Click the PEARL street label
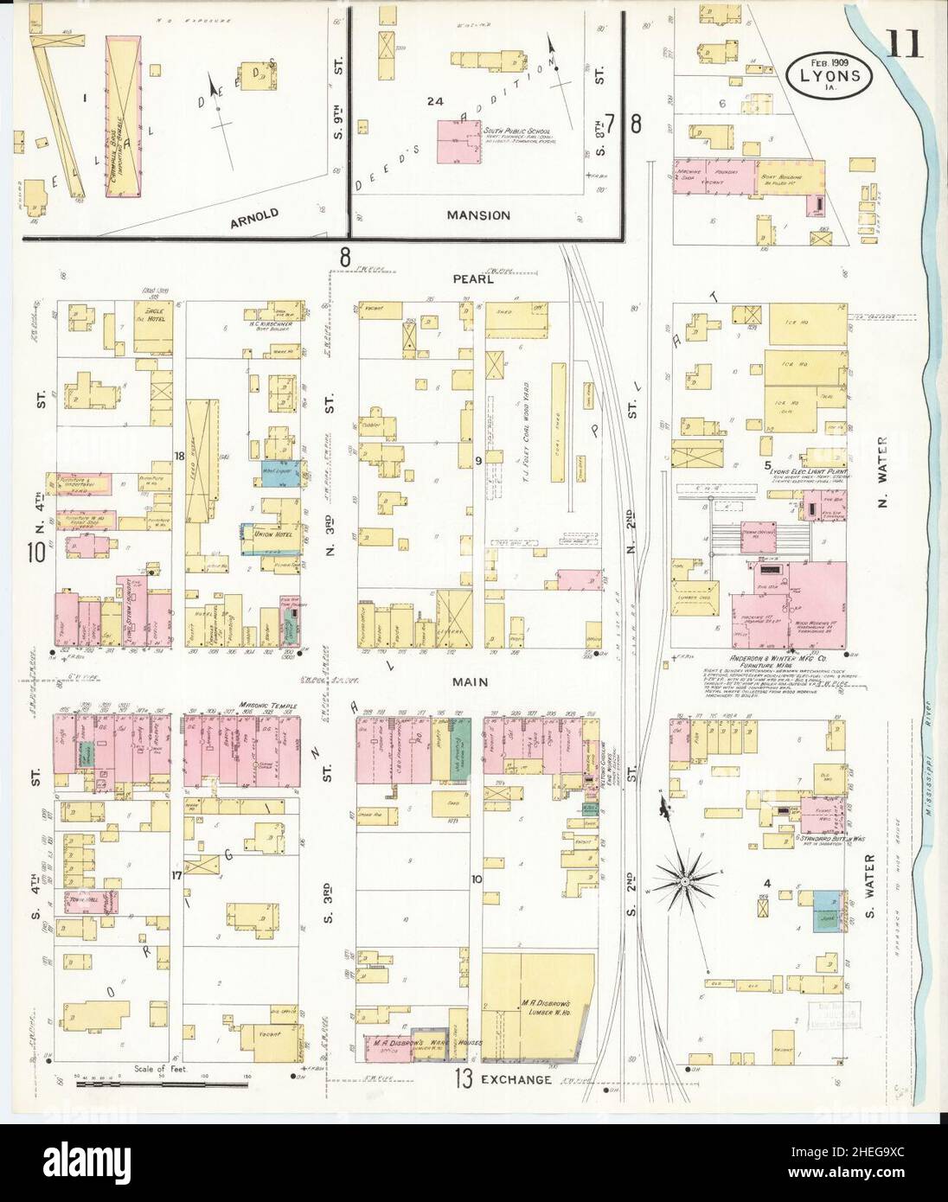pyautogui.click(x=472, y=279)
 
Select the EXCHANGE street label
pyautogui.click(x=516, y=1079)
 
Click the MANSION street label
pyautogui.click(x=478, y=214)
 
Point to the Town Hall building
pyautogui.click(x=80, y=900)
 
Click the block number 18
pyautogui.click(x=180, y=456)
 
